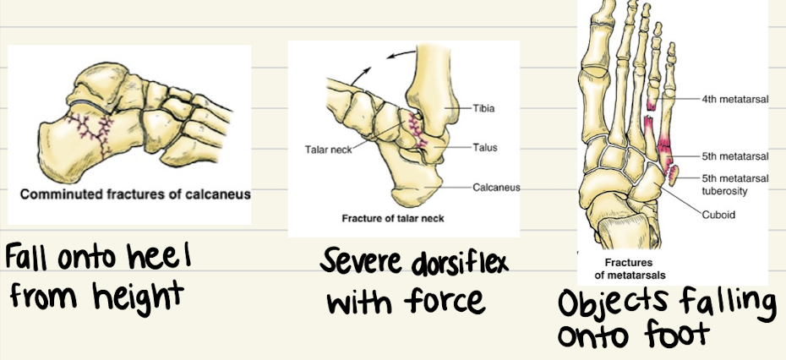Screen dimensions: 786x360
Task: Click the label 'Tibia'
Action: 483,107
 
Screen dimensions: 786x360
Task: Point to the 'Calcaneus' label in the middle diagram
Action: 496,187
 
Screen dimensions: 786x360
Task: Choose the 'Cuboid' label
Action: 718,215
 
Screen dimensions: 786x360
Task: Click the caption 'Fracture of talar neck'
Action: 393,218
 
